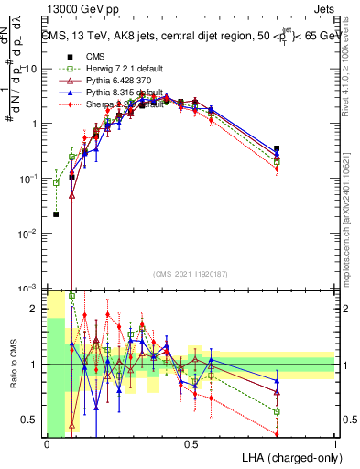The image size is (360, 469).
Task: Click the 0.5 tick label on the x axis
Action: pos(191,444)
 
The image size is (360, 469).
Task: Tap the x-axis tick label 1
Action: pos(334,444)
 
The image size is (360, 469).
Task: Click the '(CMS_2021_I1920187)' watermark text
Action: pos(190,273)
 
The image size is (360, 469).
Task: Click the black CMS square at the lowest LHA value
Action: pos(57,214)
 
